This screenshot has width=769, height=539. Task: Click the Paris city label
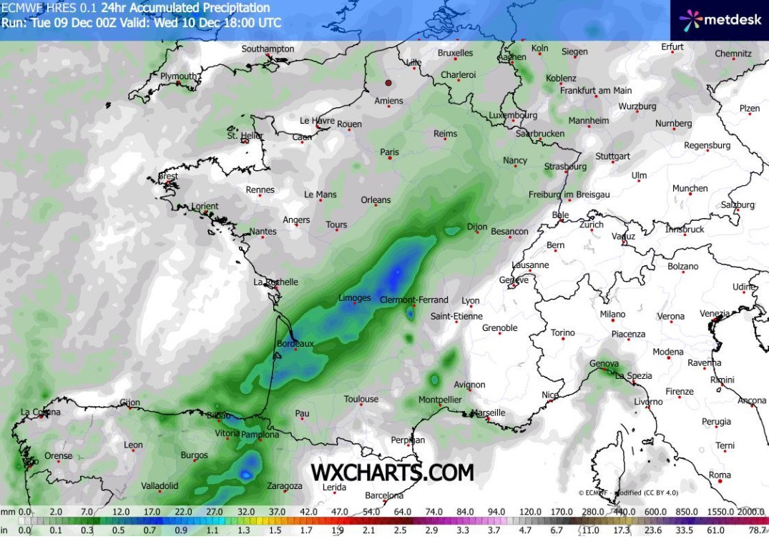[390, 152]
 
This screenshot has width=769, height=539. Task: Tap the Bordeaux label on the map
[295, 344]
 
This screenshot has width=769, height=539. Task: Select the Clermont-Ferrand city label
[413, 300]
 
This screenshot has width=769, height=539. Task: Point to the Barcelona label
[384, 495]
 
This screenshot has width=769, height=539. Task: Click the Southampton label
[268, 49]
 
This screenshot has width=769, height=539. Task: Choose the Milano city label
[612, 314]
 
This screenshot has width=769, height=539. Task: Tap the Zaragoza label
[284, 486]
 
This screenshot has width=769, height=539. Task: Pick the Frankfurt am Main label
[596, 91]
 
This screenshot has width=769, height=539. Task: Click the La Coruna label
[40, 412]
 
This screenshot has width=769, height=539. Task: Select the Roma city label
[720, 475]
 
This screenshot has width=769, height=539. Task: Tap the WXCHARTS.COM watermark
[392, 473]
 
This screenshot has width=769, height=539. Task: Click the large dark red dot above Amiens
[389, 83]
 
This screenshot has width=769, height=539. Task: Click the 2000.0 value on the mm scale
[751, 512]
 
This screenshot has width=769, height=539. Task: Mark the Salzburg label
[738, 204]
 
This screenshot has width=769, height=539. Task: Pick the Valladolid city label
[160, 486]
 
